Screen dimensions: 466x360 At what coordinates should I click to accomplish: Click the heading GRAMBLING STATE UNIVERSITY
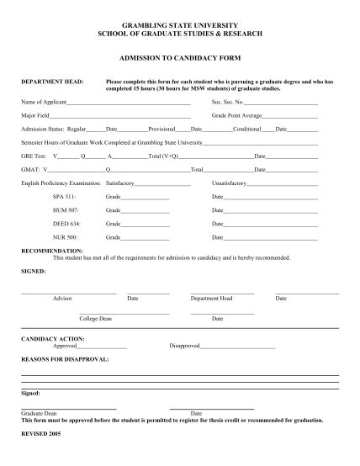[x=180, y=24]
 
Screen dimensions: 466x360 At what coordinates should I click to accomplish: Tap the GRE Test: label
[x=34, y=156]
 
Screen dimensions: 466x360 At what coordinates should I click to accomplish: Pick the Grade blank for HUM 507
[x=145, y=210]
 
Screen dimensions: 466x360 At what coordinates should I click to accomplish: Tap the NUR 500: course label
[x=65, y=238]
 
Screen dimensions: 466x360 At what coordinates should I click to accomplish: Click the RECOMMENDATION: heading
[x=52, y=251]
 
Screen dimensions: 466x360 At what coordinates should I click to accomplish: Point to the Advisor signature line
[x=67, y=293]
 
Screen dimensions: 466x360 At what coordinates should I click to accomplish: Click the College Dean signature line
[x=124, y=313]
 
